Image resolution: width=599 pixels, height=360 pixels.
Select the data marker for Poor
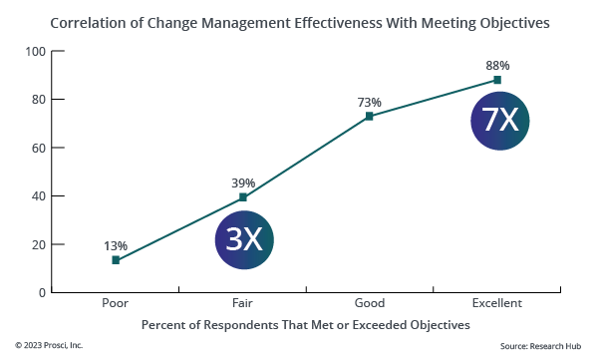[116, 260]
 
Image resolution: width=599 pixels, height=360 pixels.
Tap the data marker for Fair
[243, 197]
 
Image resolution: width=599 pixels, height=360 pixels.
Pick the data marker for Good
[370, 116]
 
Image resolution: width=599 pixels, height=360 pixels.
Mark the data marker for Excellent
[497, 80]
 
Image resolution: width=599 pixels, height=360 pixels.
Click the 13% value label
[116, 244]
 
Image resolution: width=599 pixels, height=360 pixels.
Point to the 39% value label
[243, 182]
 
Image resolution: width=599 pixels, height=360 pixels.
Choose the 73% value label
[370, 101]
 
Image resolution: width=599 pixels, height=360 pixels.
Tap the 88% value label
[497, 65]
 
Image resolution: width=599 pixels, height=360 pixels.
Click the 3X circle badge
[244, 239]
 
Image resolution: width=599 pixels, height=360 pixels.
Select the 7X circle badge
[499, 121]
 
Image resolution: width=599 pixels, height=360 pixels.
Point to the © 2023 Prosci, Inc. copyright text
[49, 346]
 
